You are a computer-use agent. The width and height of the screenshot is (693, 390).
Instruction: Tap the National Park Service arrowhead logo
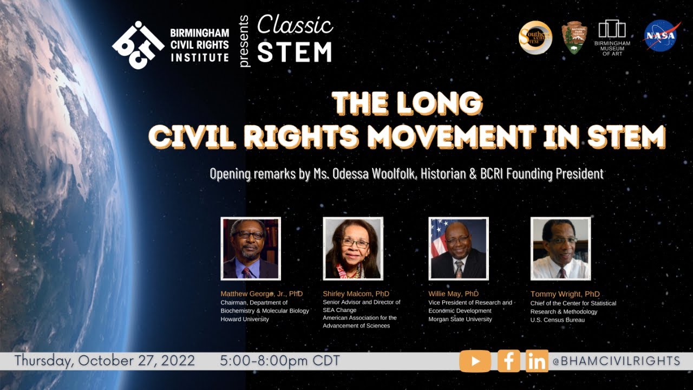(573, 38)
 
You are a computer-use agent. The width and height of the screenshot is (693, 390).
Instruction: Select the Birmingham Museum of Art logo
(612, 36)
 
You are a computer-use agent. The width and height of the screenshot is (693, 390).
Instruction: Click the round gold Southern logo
(535, 37)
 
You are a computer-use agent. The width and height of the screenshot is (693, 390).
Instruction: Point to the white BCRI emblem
(138, 44)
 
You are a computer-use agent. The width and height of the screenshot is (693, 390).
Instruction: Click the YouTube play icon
(475, 361)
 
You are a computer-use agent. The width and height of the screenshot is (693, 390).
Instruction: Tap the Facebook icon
(508, 361)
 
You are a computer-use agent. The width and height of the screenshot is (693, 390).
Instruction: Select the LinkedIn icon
(537, 361)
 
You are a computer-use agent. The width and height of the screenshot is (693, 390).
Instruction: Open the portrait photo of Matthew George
(251, 249)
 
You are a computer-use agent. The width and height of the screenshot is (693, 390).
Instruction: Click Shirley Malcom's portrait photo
(353, 249)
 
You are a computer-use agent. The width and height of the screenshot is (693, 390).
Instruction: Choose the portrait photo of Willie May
(459, 249)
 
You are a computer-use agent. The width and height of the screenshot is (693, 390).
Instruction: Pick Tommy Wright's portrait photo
(560, 249)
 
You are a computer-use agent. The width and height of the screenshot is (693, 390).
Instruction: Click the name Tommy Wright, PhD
(565, 294)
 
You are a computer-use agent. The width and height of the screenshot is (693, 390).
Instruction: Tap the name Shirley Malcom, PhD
(356, 294)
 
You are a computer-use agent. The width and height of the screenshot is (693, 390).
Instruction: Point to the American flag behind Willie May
(437, 238)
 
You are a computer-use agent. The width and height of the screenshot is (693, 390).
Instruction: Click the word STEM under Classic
(295, 52)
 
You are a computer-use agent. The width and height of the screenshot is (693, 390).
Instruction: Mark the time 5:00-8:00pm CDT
(280, 361)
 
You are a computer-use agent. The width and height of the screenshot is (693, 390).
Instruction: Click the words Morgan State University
(460, 320)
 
